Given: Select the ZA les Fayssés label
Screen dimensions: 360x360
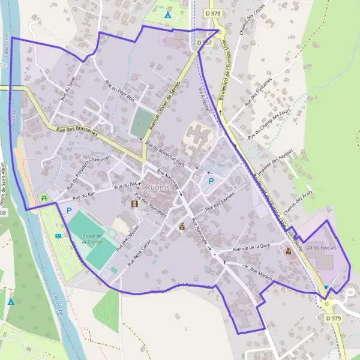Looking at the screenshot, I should pos(322,247).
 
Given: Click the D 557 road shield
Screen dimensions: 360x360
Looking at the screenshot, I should pos(205,43).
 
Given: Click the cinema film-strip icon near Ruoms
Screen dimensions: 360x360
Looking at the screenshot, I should pos(134,203).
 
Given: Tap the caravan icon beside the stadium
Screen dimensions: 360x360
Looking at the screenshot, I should pos(58,236).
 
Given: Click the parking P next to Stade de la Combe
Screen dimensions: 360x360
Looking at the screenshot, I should pos(69,211).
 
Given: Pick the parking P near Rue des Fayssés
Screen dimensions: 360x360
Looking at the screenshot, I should pos(211,181).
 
